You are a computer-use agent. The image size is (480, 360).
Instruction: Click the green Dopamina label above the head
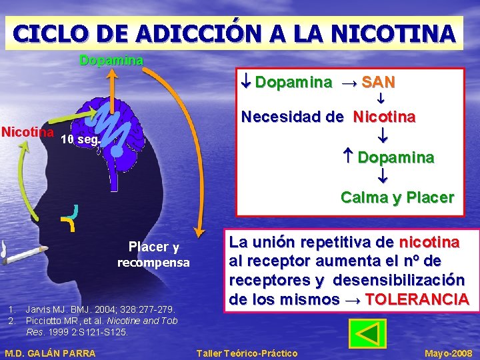coord(111,61)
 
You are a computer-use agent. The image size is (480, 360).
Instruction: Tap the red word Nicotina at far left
coord(27,131)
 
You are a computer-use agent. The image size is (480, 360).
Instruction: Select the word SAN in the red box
coord(378,83)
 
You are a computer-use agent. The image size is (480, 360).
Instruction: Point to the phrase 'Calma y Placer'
coord(397,197)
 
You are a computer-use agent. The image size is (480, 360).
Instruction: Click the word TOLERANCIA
coord(417,299)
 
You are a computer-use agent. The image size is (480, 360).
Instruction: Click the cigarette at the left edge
coord(20,251)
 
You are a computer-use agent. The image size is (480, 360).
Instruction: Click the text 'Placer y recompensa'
coord(153,255)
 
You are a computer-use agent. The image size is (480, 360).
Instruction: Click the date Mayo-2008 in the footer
coord(449,353)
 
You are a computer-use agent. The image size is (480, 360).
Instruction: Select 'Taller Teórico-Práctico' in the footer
coord(247,353)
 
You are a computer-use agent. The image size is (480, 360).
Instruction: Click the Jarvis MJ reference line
coord(100,309)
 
